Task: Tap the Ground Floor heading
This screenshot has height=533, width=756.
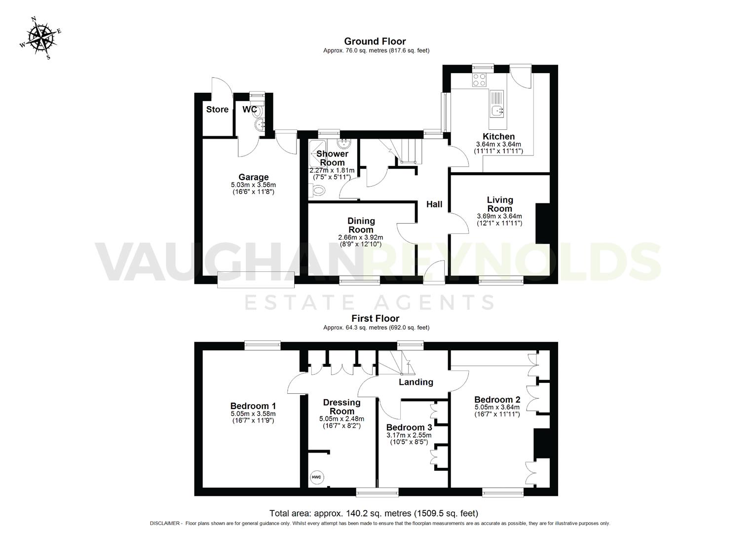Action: pos(375,41)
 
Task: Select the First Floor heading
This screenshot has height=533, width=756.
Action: pos(375,318)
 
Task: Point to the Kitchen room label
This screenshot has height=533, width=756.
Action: pos(498,137)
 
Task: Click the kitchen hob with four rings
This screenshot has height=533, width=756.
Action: pos(479,79)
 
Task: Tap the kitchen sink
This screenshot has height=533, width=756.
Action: pos(496,111)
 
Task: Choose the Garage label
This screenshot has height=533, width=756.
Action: pos(253,177)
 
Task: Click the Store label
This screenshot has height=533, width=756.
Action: pos(217,110)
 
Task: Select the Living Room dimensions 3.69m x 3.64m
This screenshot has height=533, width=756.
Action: pos(499,216)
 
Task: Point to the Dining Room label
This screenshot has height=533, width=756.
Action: pos(361,225)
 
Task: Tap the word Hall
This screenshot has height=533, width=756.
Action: pos(434,204)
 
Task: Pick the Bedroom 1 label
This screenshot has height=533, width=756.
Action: pos(253,406)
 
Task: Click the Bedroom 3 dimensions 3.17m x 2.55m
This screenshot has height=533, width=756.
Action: pos(409,435)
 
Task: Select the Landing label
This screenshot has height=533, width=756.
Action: pos(416,382)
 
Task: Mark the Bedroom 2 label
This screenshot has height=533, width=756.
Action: pos(497,400)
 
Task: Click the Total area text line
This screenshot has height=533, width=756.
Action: pos(374,513)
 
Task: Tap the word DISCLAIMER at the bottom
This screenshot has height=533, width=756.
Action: pos(166,524)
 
